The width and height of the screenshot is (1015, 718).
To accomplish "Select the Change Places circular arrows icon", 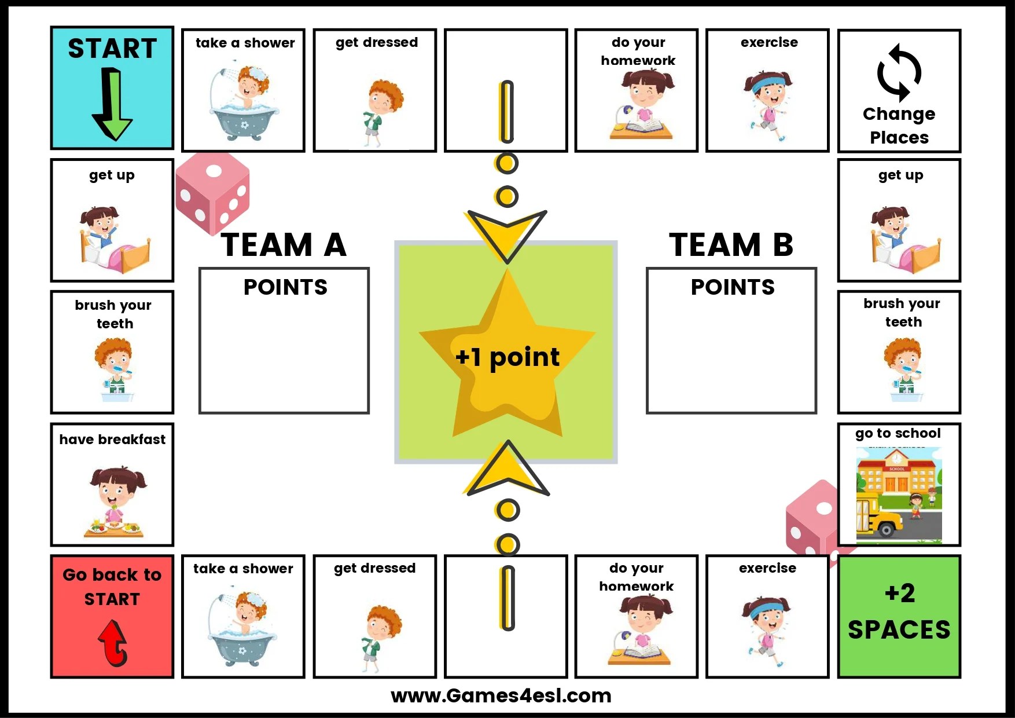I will click(899, 73).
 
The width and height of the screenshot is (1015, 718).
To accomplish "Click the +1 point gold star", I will click(507, 356).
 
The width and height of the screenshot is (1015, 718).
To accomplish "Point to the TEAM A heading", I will click(284, 244).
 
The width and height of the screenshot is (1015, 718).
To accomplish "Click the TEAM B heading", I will click(731, 244).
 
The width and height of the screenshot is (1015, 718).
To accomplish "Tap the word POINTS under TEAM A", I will click(285, 287).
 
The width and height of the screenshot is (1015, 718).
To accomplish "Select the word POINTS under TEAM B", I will click(733, 287).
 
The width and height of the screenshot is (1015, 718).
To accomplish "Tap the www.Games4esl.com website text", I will click(501, 695).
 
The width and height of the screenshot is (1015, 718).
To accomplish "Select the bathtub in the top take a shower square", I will click(244, 122).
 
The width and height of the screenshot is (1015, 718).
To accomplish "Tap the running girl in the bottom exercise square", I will click(767, 631).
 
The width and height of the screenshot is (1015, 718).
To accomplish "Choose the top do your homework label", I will click(638, 51).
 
